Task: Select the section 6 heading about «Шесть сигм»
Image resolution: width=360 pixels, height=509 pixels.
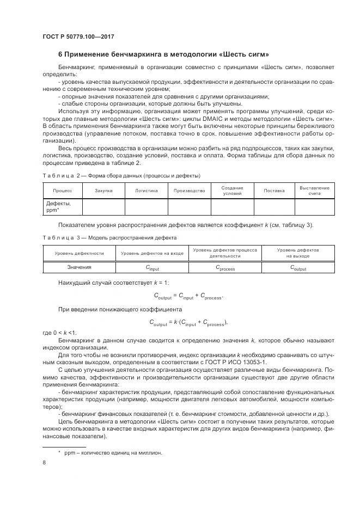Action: point(163,54)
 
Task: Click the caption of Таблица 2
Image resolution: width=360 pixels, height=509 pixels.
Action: point(121,176)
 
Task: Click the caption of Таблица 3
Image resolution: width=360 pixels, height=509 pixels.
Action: point(109,238)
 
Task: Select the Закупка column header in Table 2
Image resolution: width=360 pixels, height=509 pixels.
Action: point(103,191)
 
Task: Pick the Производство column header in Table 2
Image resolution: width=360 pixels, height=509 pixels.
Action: point(189,191)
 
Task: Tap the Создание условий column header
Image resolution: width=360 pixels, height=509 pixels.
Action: point(233,191)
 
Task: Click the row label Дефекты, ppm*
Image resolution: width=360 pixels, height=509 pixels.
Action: point(56,207)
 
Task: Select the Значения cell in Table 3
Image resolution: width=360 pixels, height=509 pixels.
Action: point(80,267)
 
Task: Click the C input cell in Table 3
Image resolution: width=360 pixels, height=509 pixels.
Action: point(152,268)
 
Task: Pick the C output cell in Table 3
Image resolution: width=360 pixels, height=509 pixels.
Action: point(298,268)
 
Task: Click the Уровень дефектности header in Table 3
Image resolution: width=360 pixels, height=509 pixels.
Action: point(80,253)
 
